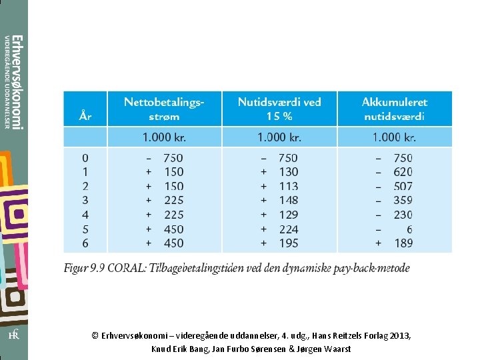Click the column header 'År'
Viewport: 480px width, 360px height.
tap(85, 115)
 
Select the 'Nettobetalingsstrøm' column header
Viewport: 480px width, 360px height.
tap(164, 109)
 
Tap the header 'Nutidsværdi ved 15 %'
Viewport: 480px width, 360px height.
tap(279, 109)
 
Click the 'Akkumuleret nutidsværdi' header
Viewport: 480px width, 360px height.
tap(394, 109)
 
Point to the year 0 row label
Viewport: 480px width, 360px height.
tap(85, 158)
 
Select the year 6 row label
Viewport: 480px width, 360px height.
tap(85, 243)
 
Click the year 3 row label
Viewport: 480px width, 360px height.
tap(85, 200)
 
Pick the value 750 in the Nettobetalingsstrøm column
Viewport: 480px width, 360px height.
tap(173, 158)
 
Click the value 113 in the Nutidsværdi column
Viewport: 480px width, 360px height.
tap(289, 186)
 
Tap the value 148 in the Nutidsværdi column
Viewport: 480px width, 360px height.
tap(289, 200)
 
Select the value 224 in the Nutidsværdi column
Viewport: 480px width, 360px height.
tap(289, 229)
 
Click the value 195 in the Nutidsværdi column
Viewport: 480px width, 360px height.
tap(289, 243)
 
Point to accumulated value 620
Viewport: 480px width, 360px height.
tap(403, 172)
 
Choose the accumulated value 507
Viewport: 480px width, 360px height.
tap(403, 186)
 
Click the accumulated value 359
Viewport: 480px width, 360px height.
tap(403, 200)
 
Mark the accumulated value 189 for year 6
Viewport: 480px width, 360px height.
tap(403, 243)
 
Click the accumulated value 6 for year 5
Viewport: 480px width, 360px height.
tap(409, 229)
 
